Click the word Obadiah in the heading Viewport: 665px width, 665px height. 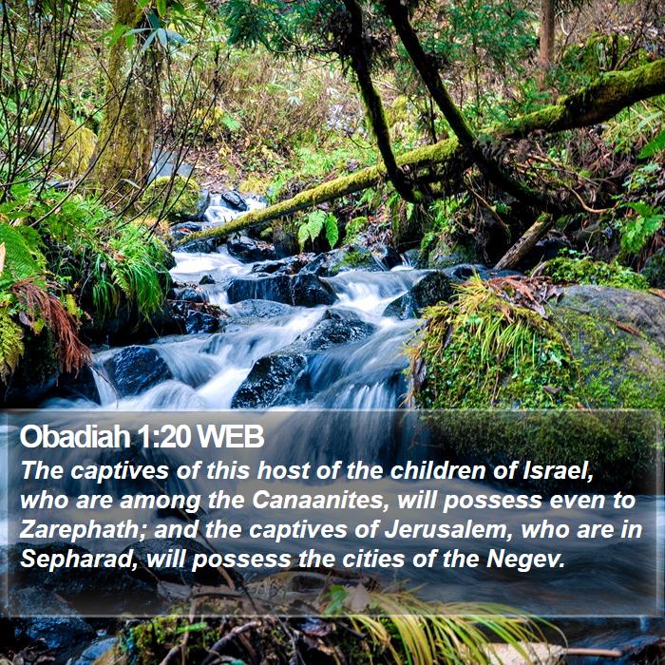[x=75, y=436]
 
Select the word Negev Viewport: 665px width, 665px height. [x=526, y=560]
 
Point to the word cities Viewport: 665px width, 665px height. [x=373, y=559]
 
